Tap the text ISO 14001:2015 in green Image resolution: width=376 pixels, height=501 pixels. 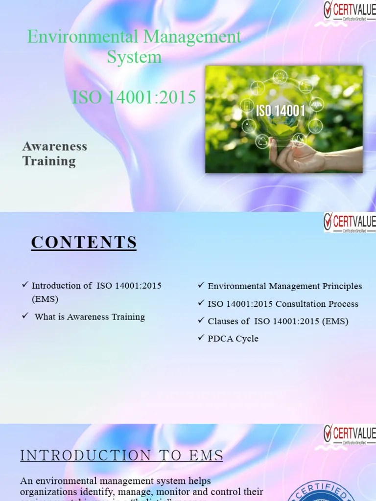tap(134, 97)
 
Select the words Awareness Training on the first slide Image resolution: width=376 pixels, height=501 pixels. tap(55, 154)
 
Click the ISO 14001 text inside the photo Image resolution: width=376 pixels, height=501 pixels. tap(281, 111)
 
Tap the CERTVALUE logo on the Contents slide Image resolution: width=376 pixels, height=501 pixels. tap(349, 222)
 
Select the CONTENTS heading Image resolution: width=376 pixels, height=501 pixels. tap(84, 242)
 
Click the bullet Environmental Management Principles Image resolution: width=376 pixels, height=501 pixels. tap(285, 286)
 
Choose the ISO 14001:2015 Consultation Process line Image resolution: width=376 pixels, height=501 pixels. tap(283, 304)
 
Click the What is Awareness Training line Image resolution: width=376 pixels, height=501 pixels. tap(90, 317)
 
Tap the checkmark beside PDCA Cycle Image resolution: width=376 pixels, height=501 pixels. tap(201, 338)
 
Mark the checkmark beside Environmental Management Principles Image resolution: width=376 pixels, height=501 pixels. tap(201, 285)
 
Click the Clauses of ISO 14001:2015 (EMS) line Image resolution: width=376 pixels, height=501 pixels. tap(278, 321)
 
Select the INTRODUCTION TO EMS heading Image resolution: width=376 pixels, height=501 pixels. tap(122, 456)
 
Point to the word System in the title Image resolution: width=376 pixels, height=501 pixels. tap(134, 57)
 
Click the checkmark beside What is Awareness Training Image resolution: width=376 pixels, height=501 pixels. tap(25, 316)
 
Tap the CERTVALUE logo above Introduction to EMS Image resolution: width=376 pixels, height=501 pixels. tap(349, 434)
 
